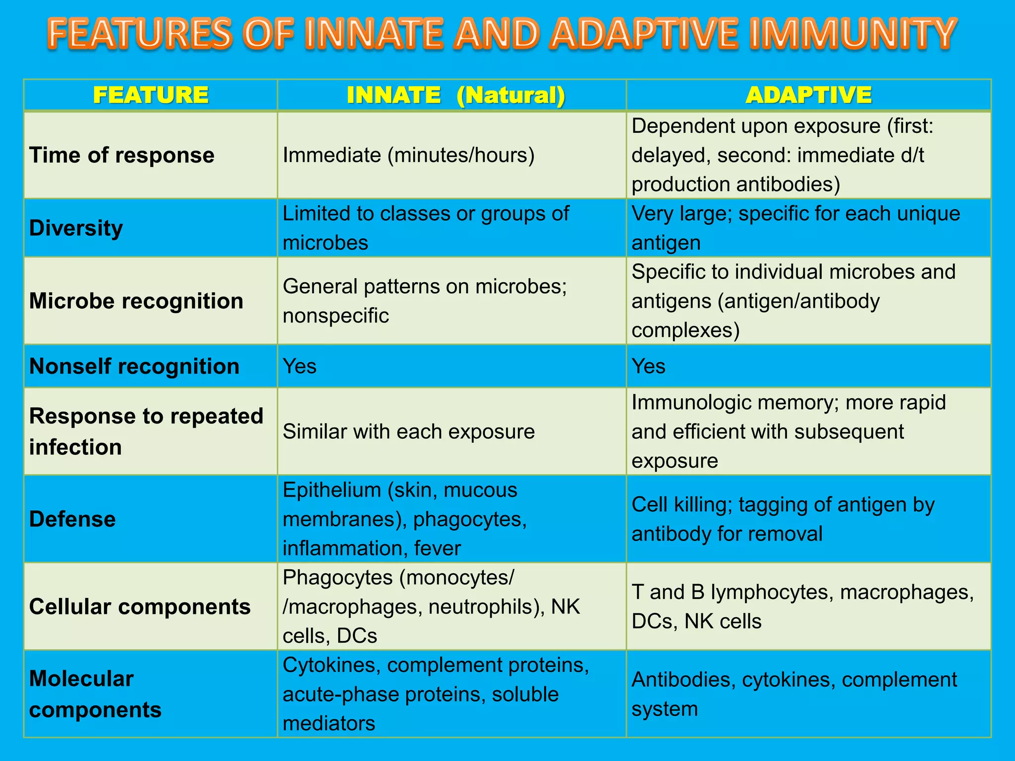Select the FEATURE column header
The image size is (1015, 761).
pyautogui.click(x=151, y=95)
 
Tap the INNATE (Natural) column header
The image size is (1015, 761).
pyautogui.click(x=455, y=95)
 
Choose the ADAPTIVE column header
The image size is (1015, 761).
pyautogui.click(x=808, y=95)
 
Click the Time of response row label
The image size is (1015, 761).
pyautogui.click(x=122, y=155)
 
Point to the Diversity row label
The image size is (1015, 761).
pyautogui.click(x=76, y=228)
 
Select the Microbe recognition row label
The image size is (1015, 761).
pyautogui.click(x=136, y=301)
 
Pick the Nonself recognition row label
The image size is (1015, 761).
pyautogui.click(x=134, y=366)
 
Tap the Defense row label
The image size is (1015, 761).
pyautogui.click(x=72, y=519)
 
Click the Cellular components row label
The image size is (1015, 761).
pyautogui.click(x=140, y=606)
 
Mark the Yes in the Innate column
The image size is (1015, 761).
pyautogui.click(x=299, y=366)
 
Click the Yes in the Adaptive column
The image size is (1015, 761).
pyautogui.click(x=648, y=366)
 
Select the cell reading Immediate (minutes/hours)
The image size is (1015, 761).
pyautogui.click(x=408, y=155)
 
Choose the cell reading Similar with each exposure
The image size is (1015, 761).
pyautogui.click(x=408, y=432)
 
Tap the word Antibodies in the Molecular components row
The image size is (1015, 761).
pyautogui.click(x=683, y=679)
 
